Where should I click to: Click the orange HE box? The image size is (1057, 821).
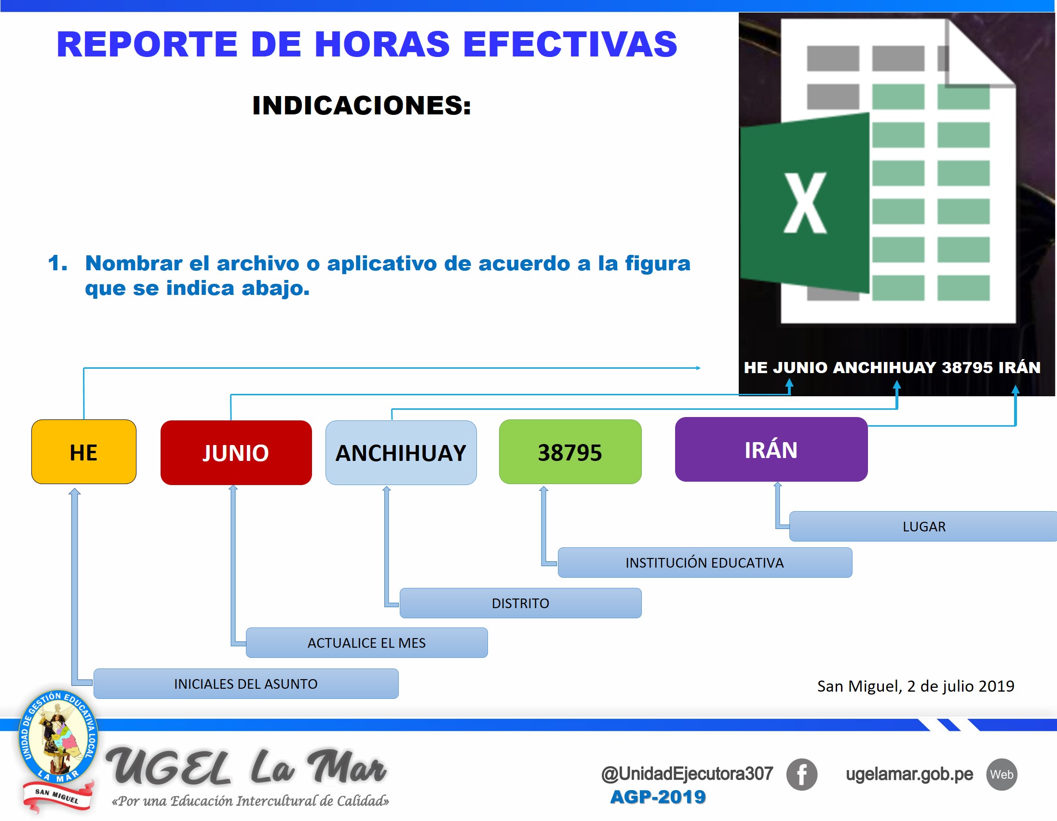click(x=84, y=452)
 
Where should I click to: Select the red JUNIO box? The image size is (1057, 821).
click(x=236, y=453)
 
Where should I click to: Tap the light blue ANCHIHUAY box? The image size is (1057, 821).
click(x=401, y=453)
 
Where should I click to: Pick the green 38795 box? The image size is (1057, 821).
click(x=569, y=452)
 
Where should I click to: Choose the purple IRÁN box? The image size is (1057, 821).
click(x=771, y=449)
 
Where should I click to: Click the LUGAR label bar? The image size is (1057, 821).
click(x=923, y=527)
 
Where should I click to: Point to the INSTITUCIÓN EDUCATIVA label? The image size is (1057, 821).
click(x=704, y=563)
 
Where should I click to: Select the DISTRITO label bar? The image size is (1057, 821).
click(x=520, y=603)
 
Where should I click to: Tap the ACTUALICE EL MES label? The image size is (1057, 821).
click(x=366, y=643)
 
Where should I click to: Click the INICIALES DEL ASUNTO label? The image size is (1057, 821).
click(x=246, y=684)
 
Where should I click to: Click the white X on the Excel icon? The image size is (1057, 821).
click(x=804, y=203)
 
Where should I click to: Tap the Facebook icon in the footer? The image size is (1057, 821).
click(x=801, y=774)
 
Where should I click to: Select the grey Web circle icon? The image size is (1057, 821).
click(x=1002, y=774)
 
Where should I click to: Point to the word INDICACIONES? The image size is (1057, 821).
click(x=362, y=106)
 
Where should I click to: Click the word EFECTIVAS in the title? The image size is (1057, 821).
click(x=569, y=44)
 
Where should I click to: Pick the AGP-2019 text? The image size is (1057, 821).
click(x=658, y=797)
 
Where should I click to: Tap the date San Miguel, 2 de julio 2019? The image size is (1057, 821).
click(x=915, y=686)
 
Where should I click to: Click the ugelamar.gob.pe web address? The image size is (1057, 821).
click(x=909, y=774)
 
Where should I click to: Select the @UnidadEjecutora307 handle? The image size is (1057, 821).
click(x=687, y=774)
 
